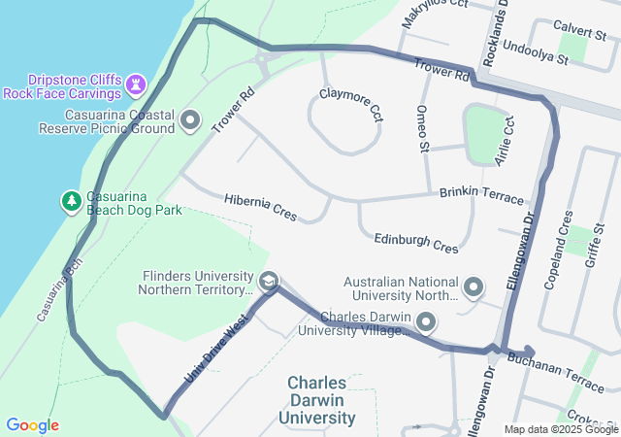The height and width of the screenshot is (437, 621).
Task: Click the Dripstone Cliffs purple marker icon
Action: click(137, 84)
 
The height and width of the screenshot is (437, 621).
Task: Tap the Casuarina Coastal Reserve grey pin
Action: click(190, 121)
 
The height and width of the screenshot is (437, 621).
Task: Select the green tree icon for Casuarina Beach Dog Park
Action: click(71, 201)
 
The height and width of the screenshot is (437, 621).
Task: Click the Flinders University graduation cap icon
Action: click(268, 283)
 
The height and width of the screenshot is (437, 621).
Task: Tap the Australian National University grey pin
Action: click(474, 286)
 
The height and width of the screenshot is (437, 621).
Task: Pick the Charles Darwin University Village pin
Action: click(426, 320)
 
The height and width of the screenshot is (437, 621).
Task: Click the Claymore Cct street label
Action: click(351, 104)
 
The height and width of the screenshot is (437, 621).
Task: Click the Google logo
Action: click(32, 425)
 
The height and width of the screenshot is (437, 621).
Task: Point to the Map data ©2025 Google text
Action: click(561, 429)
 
